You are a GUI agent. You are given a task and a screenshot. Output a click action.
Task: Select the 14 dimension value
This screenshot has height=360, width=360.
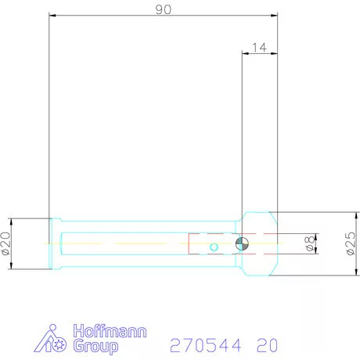260,48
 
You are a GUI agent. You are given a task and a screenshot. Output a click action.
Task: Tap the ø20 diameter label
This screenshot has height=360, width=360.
6,243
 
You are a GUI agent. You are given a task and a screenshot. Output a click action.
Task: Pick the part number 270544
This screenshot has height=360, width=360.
207,345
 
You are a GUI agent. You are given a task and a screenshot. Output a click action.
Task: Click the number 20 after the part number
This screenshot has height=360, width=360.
265,345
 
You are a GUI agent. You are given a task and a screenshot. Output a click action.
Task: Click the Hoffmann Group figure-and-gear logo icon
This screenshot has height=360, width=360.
53,338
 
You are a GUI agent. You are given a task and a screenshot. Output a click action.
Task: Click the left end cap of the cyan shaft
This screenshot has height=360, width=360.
53,243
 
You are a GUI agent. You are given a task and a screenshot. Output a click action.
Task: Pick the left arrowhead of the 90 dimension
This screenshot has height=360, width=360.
52,15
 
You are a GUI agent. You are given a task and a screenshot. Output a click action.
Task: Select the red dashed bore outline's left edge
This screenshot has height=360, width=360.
189,243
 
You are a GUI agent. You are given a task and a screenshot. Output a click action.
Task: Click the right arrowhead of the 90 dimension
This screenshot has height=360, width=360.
276,15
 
